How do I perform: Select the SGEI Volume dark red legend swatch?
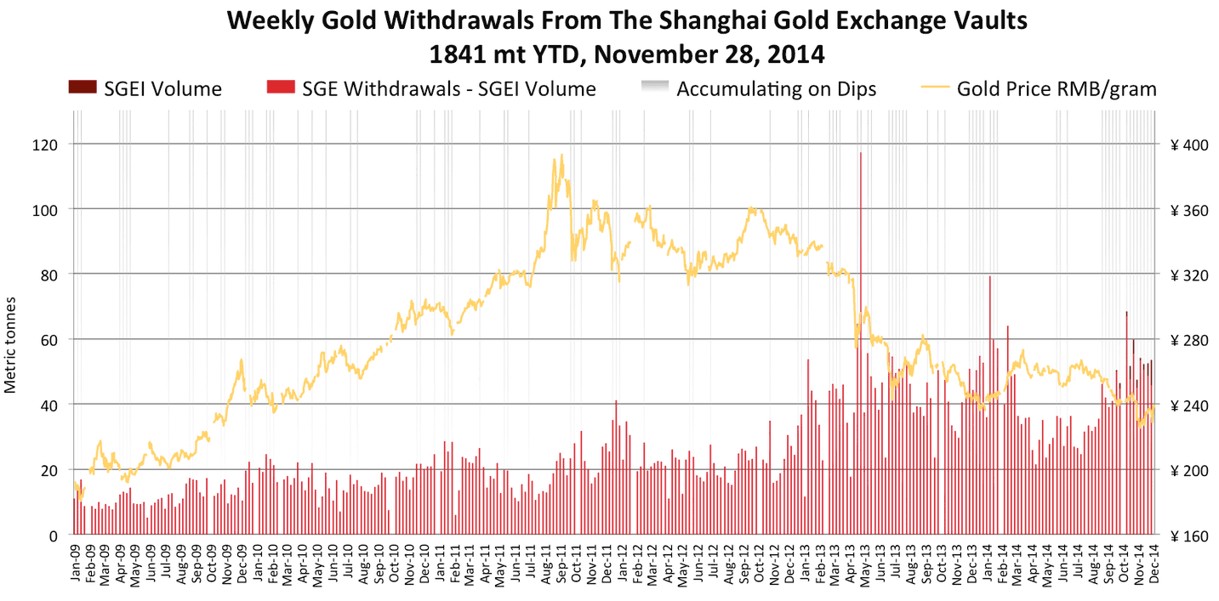pos(83,87)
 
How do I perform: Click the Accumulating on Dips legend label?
pos(777,88)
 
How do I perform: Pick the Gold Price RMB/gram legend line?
pos(934,87)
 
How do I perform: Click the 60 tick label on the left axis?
pos(49,341)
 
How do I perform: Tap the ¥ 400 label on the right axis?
pos(1189,145)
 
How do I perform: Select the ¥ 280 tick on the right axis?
pos(1189,341)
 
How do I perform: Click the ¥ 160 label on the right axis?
pos(1189,536)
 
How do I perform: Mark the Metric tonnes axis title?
pos(10,345)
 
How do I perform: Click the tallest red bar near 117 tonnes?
pos(860,343)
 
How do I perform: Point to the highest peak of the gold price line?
pos(561,155)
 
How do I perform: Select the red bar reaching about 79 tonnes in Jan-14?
pos(990,405)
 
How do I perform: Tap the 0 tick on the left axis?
pos(53,536)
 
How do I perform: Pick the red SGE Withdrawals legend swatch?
pos(281,87)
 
